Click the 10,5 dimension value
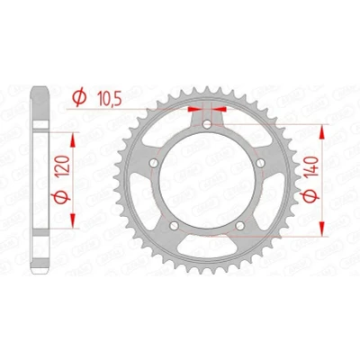110,99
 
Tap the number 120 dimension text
64,166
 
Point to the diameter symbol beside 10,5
79,99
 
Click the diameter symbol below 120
61,198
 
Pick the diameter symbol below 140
310,196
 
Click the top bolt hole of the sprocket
207,124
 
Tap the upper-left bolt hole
154,164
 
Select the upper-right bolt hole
260,163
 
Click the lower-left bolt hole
174,226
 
